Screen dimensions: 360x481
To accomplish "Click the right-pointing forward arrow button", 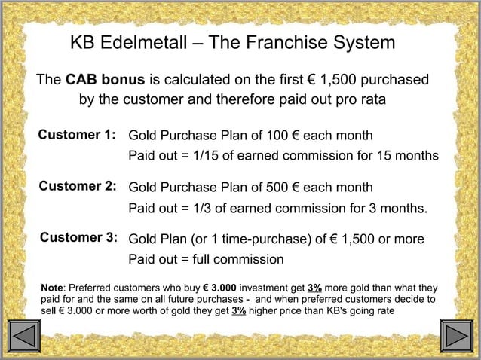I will (x=455, y=336).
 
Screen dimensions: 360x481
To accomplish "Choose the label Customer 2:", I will (x=77, y=186).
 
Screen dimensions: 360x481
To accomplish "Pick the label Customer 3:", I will (x=78, y=238).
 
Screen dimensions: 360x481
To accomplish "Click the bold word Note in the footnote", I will (x=53, y=288).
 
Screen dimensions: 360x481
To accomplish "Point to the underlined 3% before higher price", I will (x=238, y=310).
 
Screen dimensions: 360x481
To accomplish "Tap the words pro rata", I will (x=357, y=100).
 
